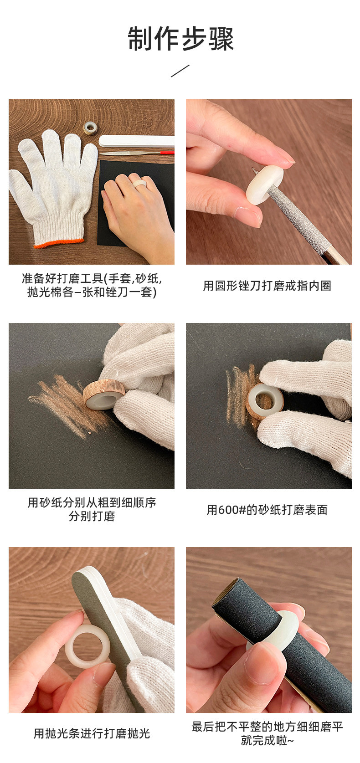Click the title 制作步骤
click(180, 39)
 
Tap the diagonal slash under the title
click(180, 71)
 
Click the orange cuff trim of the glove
click(59, 243)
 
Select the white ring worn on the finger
click(140, 184)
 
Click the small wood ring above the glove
click(90, 128)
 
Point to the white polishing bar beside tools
click(136, 141)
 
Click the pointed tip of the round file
click(252, 168)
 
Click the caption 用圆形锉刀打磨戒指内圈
click(267, 286)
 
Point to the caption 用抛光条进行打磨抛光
click(92, 733)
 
